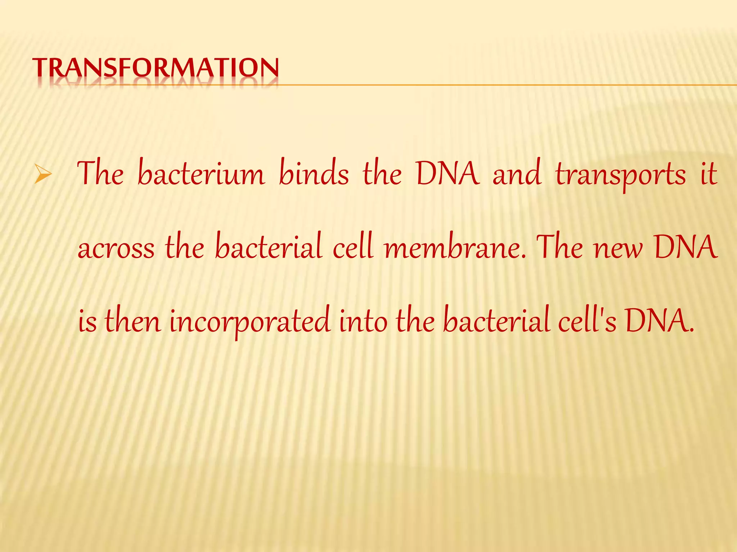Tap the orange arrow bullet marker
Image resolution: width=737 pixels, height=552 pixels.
(43, 176)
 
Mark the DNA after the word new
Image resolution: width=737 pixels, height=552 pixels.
(686, 247)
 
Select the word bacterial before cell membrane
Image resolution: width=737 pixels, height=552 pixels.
(268, 247)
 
